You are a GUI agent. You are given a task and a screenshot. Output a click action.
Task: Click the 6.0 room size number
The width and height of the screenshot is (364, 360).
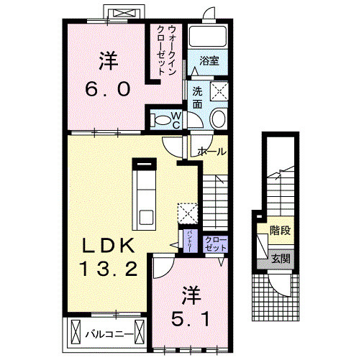108,90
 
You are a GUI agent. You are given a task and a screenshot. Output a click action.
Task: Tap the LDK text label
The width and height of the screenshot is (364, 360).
107,245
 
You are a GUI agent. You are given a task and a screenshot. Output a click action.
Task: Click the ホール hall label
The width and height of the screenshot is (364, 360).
211,152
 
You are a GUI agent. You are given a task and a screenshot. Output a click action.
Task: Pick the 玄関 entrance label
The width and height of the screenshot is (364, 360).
281,257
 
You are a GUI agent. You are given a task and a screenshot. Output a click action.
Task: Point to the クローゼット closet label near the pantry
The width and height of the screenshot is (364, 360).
214,243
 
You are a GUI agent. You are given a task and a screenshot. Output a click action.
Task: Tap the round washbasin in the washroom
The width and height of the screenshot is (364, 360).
217,119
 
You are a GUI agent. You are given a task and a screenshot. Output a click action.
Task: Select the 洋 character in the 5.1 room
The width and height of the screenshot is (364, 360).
190,293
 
